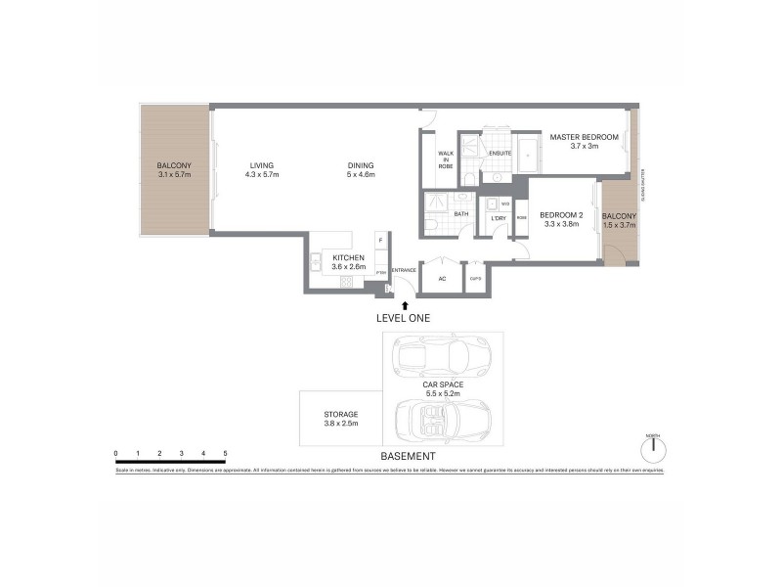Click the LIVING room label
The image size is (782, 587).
[x=262, y=165]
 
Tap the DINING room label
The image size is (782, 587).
[x=360, y=165]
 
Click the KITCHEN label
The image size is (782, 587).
[x=348, y=257]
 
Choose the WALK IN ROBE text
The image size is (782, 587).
[x=446, y=160]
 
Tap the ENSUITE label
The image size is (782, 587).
[x=501, y=152]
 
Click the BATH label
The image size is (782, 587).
[x=461, y=214]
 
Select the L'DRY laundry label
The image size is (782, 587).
[x=499, y=217]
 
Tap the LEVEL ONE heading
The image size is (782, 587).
[x=403, y=319]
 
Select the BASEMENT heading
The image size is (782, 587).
[x=409, y=457]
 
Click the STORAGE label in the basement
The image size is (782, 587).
[x=341, y=414]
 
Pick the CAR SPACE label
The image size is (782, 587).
[x=443, y=384]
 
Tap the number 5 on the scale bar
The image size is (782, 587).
[x=226, y=453]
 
